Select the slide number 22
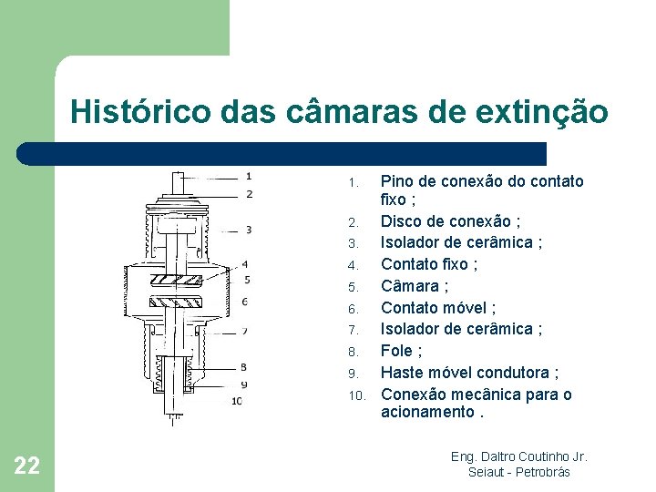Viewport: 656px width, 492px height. [x=27, y=466]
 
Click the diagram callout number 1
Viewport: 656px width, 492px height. [x=249, y=176]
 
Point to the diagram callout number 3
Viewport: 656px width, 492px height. [x=248, y=230]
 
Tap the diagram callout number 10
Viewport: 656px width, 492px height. [x=237, y=400]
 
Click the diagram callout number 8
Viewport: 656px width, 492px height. [x=243, y=367]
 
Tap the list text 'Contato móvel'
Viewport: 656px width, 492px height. [x=433, y=308]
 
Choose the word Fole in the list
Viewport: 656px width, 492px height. [x=397, y=351]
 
